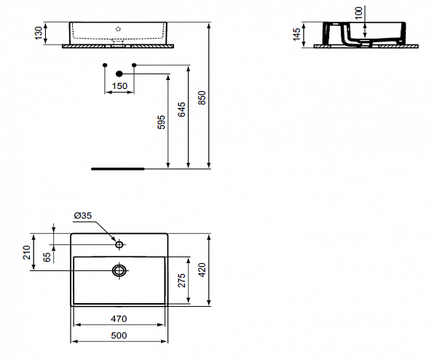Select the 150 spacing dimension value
pos(119,86)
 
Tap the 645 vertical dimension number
pos(181,109)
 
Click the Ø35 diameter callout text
pos(82,215)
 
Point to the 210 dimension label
pos(25,253)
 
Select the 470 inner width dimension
pos(119,318)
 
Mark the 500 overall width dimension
pos(119,334)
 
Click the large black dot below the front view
pos(119,73)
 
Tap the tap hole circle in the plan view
pos(119,244)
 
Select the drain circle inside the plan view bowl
pos(119,270)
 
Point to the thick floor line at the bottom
pos(117,167)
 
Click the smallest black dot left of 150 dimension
pos(106,66)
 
